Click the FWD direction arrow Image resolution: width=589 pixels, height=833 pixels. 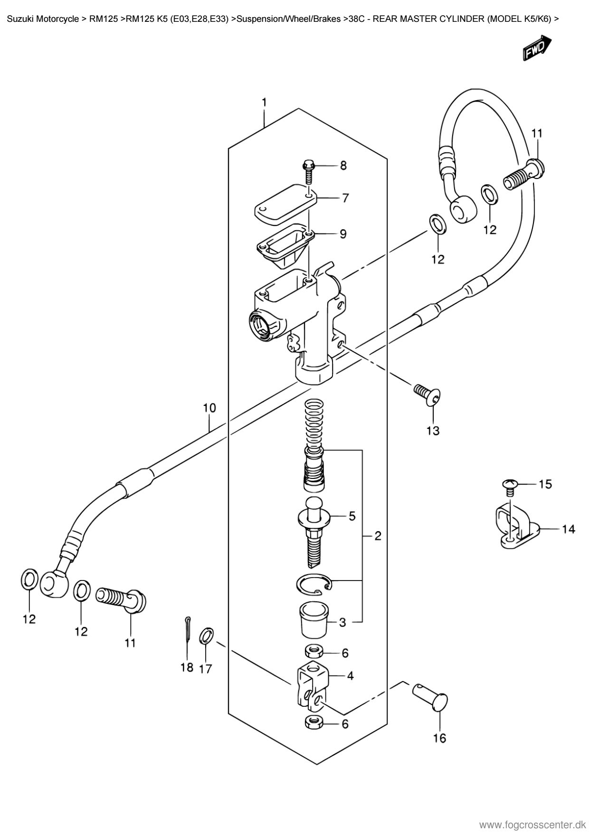pyautogui.click(x=537, y=48)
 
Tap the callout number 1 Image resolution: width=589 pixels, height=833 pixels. pyautogui.click(x=264, y=103)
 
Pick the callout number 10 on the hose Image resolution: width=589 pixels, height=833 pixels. pyautogui.click(x=209, y=408)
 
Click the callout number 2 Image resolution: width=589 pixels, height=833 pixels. pyautogui.click(x=378, y=536)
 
